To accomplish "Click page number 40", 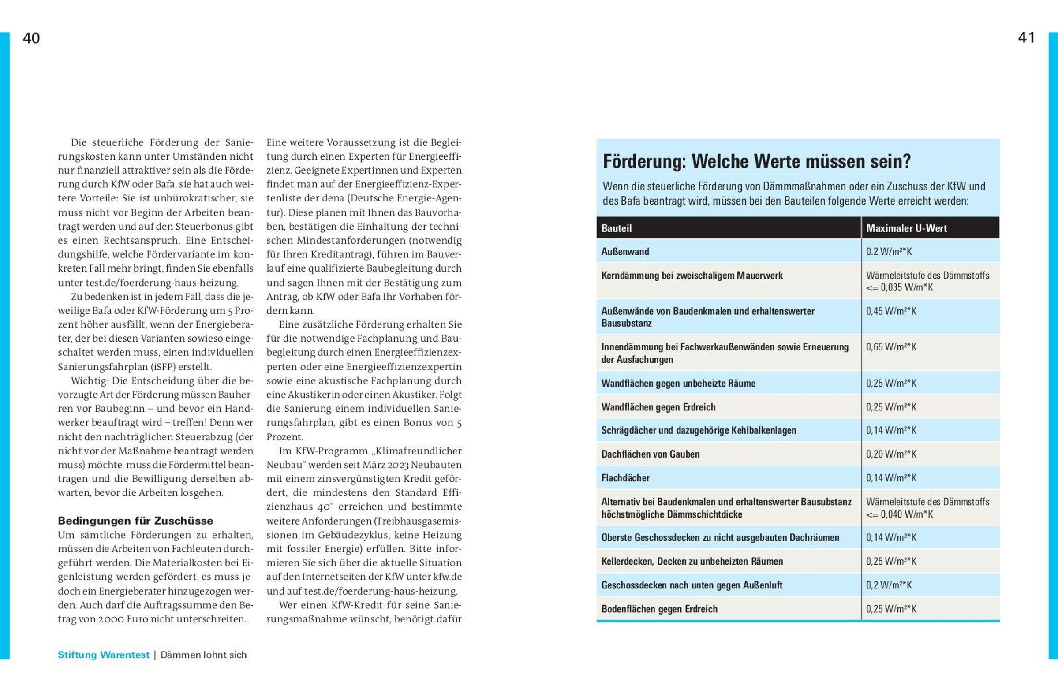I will point(31,38).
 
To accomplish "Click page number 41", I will point(1026,38).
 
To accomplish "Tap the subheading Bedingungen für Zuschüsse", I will point(135,521).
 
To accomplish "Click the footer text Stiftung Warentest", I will point(103,655).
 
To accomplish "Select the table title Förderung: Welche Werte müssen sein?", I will point(757,161).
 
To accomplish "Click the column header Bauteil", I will point(616,228).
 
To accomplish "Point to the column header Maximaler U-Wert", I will point(906,228).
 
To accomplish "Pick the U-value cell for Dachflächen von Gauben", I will point(891,454).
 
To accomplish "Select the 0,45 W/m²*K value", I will point(891,311).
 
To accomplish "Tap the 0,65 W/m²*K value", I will point(891,347).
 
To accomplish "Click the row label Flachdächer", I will point(625,478).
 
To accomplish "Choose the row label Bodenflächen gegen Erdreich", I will point(659,609).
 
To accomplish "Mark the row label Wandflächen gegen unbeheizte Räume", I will point(678,384).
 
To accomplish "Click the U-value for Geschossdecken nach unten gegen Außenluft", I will point(889,585).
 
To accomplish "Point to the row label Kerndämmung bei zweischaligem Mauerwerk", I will point(692,276).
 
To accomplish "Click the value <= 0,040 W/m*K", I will point(899,514).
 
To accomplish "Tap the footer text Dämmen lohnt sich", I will point(204,655).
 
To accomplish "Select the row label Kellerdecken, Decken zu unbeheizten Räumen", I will point(692,562).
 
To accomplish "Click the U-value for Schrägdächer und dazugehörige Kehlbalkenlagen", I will point(891,430).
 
